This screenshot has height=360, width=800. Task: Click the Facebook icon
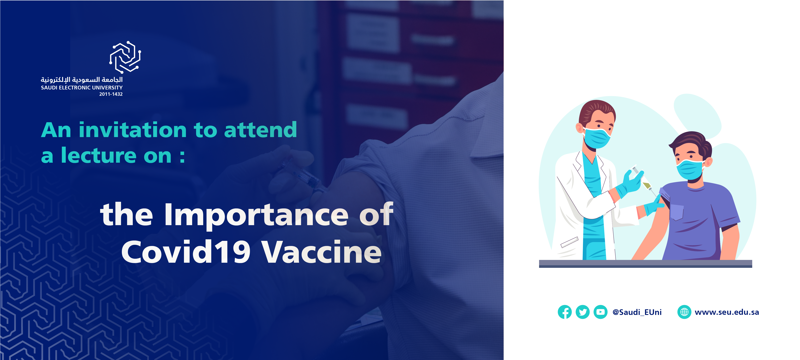pyautogui.click(x=565, y=312)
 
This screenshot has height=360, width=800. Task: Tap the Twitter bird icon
pyautogui.click(x=583, y=312)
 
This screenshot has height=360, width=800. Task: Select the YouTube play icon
pyautogui.click(x=600, y=312)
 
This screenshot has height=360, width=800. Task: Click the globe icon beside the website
pyautogui.click(x=684, y=312)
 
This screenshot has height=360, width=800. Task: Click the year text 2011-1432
pyautogui.click(x=111, y=94)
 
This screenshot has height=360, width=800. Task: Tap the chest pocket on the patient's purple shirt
pyautogui.click(x=677, y=212)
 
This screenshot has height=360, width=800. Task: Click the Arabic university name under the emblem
pyautogui.click(x=82, y=80)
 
